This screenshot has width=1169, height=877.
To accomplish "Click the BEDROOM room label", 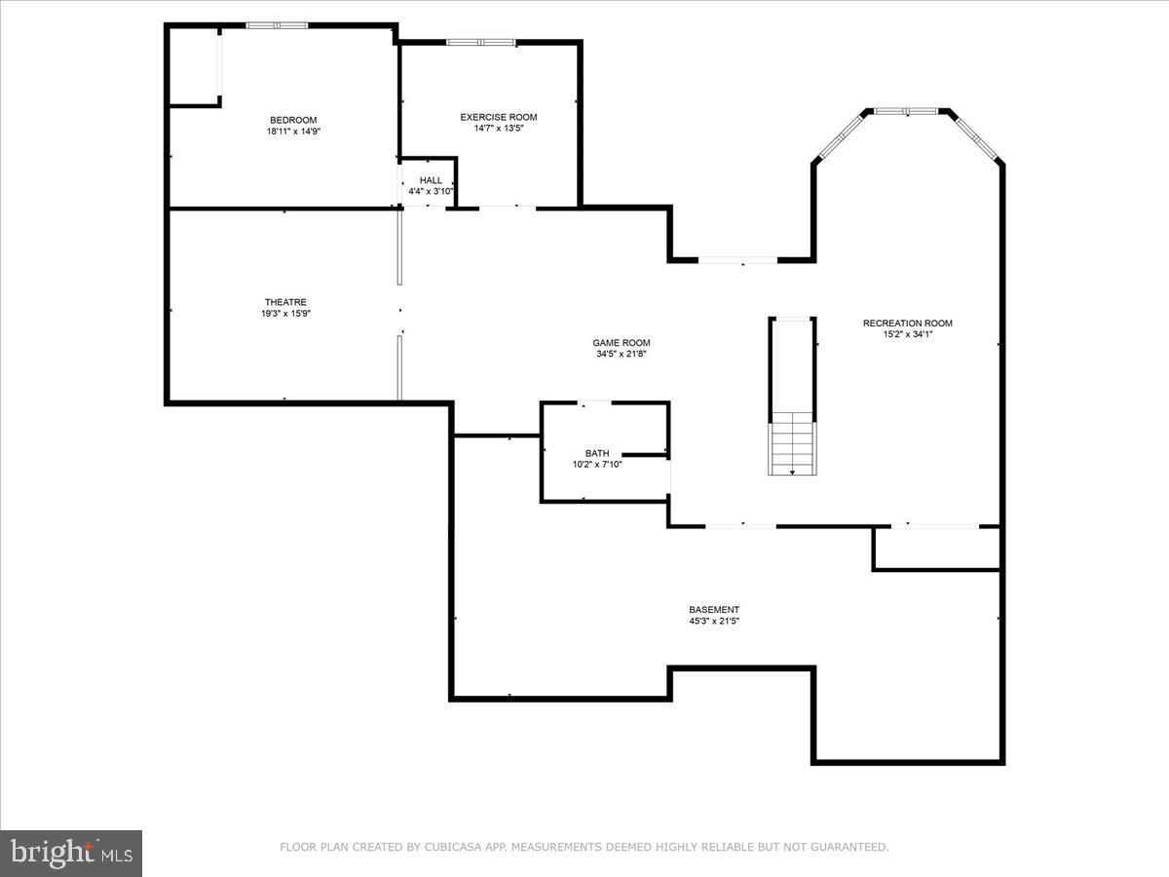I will tap(293, 120).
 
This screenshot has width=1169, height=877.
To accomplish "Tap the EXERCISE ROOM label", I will tap(499, 117).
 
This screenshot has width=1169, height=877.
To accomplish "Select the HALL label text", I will tap(431, 180).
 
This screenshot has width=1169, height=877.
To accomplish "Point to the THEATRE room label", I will tap(285, 302).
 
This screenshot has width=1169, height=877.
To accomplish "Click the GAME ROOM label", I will tap(622, 342).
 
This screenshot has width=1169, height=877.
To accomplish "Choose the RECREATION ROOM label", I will tap(907, 324).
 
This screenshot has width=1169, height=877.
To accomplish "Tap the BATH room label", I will tap(597, 453).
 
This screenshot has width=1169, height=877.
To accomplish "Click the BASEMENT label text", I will tap(714, 610).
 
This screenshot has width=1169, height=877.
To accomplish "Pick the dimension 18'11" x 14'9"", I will tap(293, 132).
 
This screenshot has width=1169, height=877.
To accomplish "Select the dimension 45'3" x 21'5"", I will tap(714, 622).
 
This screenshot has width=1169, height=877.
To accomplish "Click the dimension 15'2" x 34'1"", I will tap(907, 335).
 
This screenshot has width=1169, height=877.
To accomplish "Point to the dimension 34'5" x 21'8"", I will tap(622, 354).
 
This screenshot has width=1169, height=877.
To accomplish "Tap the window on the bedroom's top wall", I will tap(277, 25).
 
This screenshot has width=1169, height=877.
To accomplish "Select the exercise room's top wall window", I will tap(480, 42).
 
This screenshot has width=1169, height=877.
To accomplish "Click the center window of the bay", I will tap(906, 111).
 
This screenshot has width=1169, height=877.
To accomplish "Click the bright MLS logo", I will tap(71, 854).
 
